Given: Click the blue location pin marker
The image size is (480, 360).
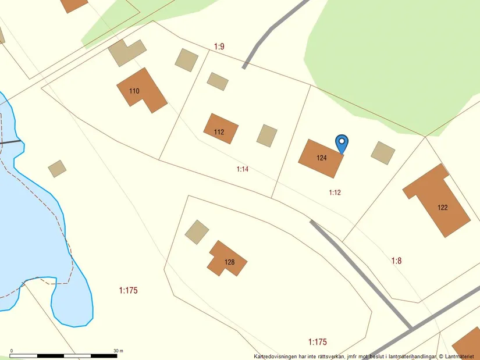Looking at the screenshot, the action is click(x=342, y=142).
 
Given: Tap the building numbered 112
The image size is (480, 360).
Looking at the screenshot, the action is click(x=221, y=129).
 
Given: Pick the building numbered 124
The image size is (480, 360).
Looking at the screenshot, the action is click(x=320, y=158).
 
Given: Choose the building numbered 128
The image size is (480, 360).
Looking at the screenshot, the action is click(x=227, y=259).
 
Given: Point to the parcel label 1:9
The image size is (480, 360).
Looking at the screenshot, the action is click(x=219, y=46).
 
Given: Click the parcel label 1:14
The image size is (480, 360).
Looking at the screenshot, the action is click(x=243, y=169).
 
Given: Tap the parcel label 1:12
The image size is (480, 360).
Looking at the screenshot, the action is click(x=335, y=193).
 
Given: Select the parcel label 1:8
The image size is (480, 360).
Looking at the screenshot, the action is click(x=396, y=261).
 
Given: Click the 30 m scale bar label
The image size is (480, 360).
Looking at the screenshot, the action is click(x=118, y=351).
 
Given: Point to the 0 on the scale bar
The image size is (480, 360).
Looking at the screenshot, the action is click(x=12, y=351).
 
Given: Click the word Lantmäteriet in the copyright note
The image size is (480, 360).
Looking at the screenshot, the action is click(x=461, y=356).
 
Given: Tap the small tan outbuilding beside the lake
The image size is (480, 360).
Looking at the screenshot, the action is click(x=57, y=169).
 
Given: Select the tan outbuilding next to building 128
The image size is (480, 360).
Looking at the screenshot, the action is click(x=197, y=231).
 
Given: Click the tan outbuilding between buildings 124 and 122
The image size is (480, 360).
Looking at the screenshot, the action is click(x=383, y=153).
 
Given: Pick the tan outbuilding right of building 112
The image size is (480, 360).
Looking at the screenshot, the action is click(x=267, y=136).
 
